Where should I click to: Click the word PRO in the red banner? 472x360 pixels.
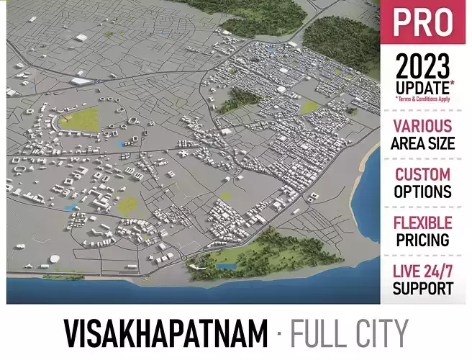(422, 23)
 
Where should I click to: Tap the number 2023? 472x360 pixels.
(422, 68)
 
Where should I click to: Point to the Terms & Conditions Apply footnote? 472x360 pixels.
(423, 99)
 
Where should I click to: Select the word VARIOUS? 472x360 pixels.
(423, 126)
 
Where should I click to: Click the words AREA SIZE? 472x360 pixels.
(423, 143)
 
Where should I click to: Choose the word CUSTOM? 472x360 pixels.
(423, 174)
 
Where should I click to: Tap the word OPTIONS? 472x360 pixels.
(423, 192)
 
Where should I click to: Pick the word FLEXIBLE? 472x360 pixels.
(423, 222)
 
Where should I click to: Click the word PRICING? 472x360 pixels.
(423, 240)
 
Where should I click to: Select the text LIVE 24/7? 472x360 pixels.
(423, 271)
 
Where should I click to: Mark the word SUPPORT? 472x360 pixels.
(423, 288)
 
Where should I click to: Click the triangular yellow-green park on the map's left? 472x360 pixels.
(81, 119)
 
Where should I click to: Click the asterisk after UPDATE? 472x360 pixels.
(450, 84)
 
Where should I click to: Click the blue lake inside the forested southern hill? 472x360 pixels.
(227, 266)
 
